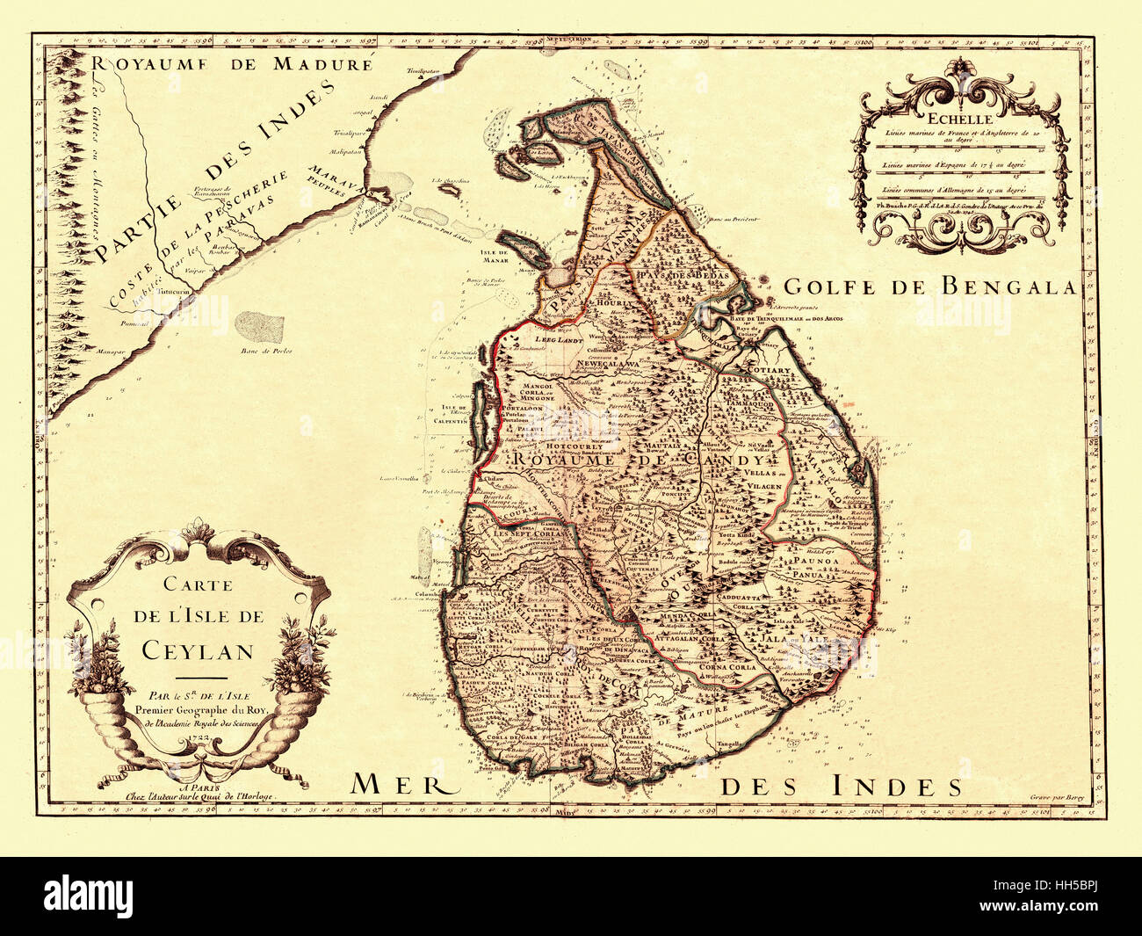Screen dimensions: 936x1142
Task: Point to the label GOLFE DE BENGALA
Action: pyautogui.click(x=929, y=287)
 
